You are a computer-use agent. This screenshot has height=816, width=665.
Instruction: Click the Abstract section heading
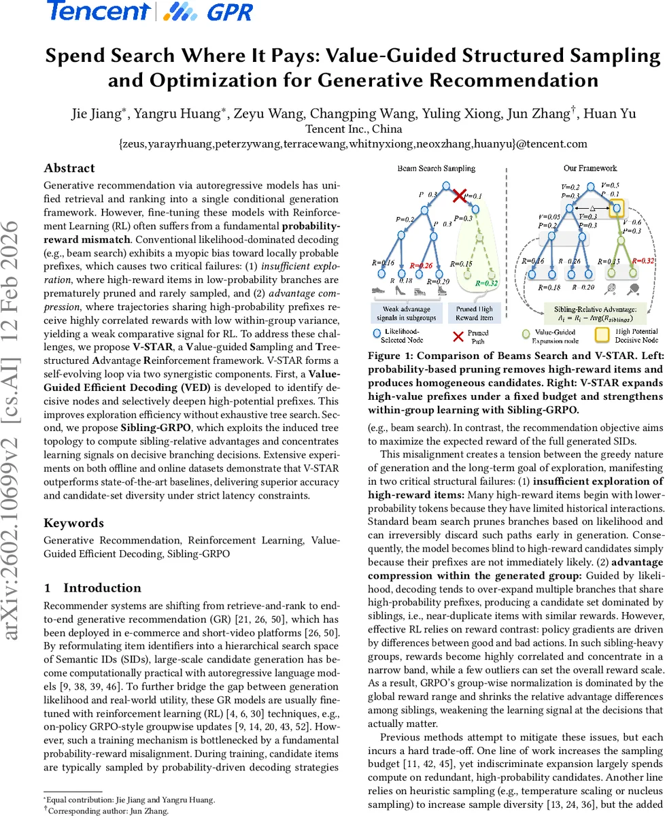coord(69,168)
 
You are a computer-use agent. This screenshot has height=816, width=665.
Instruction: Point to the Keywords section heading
coord(74,522)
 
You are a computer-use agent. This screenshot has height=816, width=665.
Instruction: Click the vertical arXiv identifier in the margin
coord(14,408)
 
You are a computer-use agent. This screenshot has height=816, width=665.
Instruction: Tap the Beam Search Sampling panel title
coord(440,168)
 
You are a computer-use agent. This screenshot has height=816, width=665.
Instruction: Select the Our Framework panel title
coord(590,168)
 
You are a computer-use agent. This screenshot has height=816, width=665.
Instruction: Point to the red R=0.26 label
coord(421,265)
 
